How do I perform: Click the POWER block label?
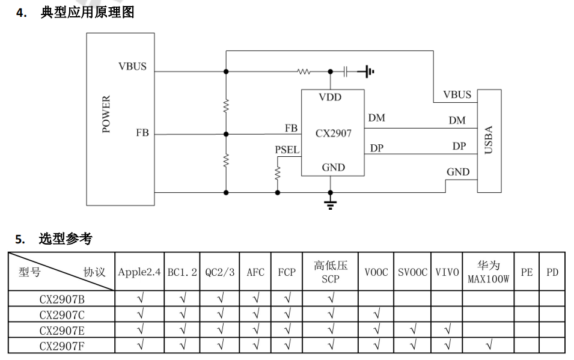point(106,114)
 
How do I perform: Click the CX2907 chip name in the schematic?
point(333,133)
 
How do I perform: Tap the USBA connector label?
point(489,140)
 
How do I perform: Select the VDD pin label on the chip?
point(330,97)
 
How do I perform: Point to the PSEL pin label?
point(287,150)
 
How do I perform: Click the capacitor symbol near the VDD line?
point(346,72)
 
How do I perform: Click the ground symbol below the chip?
point(330,203)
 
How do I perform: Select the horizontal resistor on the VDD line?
point(304,72)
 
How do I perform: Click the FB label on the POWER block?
point(142,133)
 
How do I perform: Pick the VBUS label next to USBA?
point(457,95)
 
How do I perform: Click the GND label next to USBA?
point(457,172)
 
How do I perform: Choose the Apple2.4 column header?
point(139,272)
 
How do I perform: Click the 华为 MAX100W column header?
point(488,272)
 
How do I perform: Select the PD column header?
point(552,272)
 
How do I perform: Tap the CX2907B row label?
point(61,299)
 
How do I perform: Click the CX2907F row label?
point(61,346)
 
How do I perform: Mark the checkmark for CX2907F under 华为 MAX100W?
point(488,346)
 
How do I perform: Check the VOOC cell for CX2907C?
point(377,314)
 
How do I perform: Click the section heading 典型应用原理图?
point(87,12)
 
